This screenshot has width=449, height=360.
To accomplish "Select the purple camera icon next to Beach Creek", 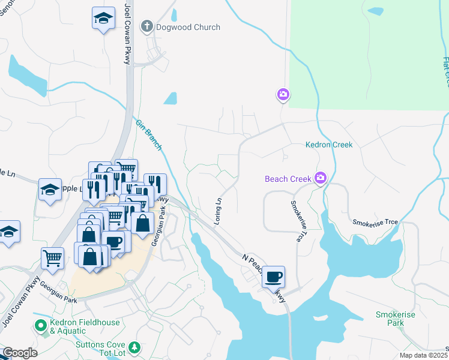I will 321,178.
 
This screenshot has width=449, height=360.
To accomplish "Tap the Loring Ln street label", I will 219,208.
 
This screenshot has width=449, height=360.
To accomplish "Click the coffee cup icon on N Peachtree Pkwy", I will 274,277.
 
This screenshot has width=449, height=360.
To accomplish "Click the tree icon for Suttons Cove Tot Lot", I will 136,347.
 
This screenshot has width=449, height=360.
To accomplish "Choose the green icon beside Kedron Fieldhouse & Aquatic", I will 41,326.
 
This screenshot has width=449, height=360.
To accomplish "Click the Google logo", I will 20,353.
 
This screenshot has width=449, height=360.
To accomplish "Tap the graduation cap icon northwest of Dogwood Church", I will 104,18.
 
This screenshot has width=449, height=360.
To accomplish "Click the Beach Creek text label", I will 288,178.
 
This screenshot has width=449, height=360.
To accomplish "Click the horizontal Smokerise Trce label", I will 375,222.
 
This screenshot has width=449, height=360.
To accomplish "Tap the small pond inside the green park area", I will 375,11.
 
